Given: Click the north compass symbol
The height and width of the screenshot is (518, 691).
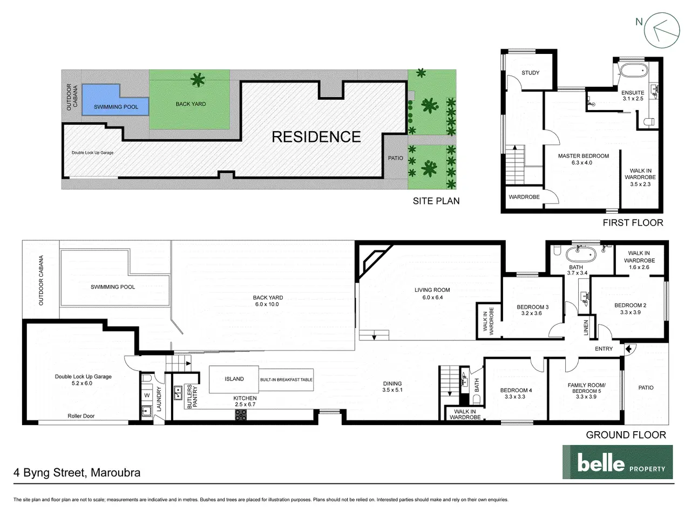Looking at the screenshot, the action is coord(661,30).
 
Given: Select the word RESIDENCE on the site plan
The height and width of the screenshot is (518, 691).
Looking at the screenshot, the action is coord(316,137).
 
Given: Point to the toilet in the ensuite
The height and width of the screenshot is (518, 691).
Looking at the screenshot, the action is coord(649,121).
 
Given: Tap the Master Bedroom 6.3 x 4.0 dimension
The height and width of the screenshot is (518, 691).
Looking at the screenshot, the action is coord(582,162).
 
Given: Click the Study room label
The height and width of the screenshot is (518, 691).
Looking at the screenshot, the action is coord(531,73).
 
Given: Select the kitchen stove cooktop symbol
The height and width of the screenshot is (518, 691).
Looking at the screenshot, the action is coord(241,415).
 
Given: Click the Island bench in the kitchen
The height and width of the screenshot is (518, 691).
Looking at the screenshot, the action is coord(234,379).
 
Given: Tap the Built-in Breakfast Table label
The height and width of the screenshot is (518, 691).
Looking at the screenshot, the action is coord(286,380).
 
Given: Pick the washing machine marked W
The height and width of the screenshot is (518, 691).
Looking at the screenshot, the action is coord(147,395).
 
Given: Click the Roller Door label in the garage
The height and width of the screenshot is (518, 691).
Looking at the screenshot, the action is coord(81,416).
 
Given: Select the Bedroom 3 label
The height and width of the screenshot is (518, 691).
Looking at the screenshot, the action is coord(532,307).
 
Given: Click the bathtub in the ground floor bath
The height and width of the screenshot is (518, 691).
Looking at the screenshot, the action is coord(581,254).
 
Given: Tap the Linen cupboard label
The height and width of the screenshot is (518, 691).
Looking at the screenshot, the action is coord(586,328).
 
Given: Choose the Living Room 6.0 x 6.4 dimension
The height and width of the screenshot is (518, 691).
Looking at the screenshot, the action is coord(432,297).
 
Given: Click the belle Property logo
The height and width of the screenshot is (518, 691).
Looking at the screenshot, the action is coord(618,462).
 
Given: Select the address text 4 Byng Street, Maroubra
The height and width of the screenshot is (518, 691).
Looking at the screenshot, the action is coord(77,473).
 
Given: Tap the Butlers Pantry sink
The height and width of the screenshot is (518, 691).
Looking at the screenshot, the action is coord(178,393).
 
